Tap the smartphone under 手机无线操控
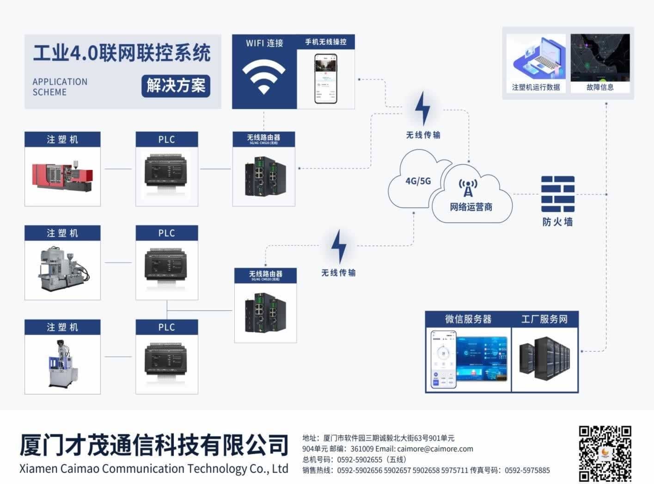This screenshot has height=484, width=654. (x=325, y=79)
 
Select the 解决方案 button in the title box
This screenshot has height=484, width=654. (x=176, y=86)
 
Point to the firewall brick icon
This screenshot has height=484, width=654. (x=557, y=194)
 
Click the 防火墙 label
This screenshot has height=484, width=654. (x=557, y=222)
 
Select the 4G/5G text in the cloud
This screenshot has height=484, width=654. (x=418, y=181)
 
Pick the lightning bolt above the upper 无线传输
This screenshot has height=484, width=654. (x=422, y=109)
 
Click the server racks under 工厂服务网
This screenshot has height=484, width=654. (x=544, y=358)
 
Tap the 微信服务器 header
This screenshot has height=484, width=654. (x=468, y=319)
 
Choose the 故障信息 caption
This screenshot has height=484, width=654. (x=600, y=87)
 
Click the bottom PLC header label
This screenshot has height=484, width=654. (x=166, y=327)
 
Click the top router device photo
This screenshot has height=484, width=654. (x=264, y=176)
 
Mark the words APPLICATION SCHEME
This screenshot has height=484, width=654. (x=60, y=87)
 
